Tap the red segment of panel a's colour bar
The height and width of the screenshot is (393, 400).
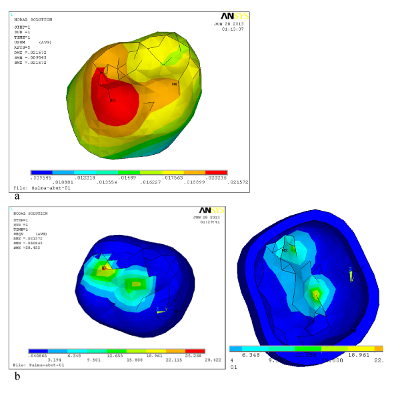[x=216, y=173]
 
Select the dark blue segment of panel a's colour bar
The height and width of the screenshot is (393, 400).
[x=41, y=173]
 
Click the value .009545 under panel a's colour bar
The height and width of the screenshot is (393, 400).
[x=41, y=177]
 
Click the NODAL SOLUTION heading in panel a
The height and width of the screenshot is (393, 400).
[x=33, y=19]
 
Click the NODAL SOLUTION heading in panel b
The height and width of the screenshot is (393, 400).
[x=31, y=214]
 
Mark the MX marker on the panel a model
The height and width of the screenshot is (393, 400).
[x=175, y=84]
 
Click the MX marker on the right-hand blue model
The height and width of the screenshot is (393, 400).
[x=285, y=250]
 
